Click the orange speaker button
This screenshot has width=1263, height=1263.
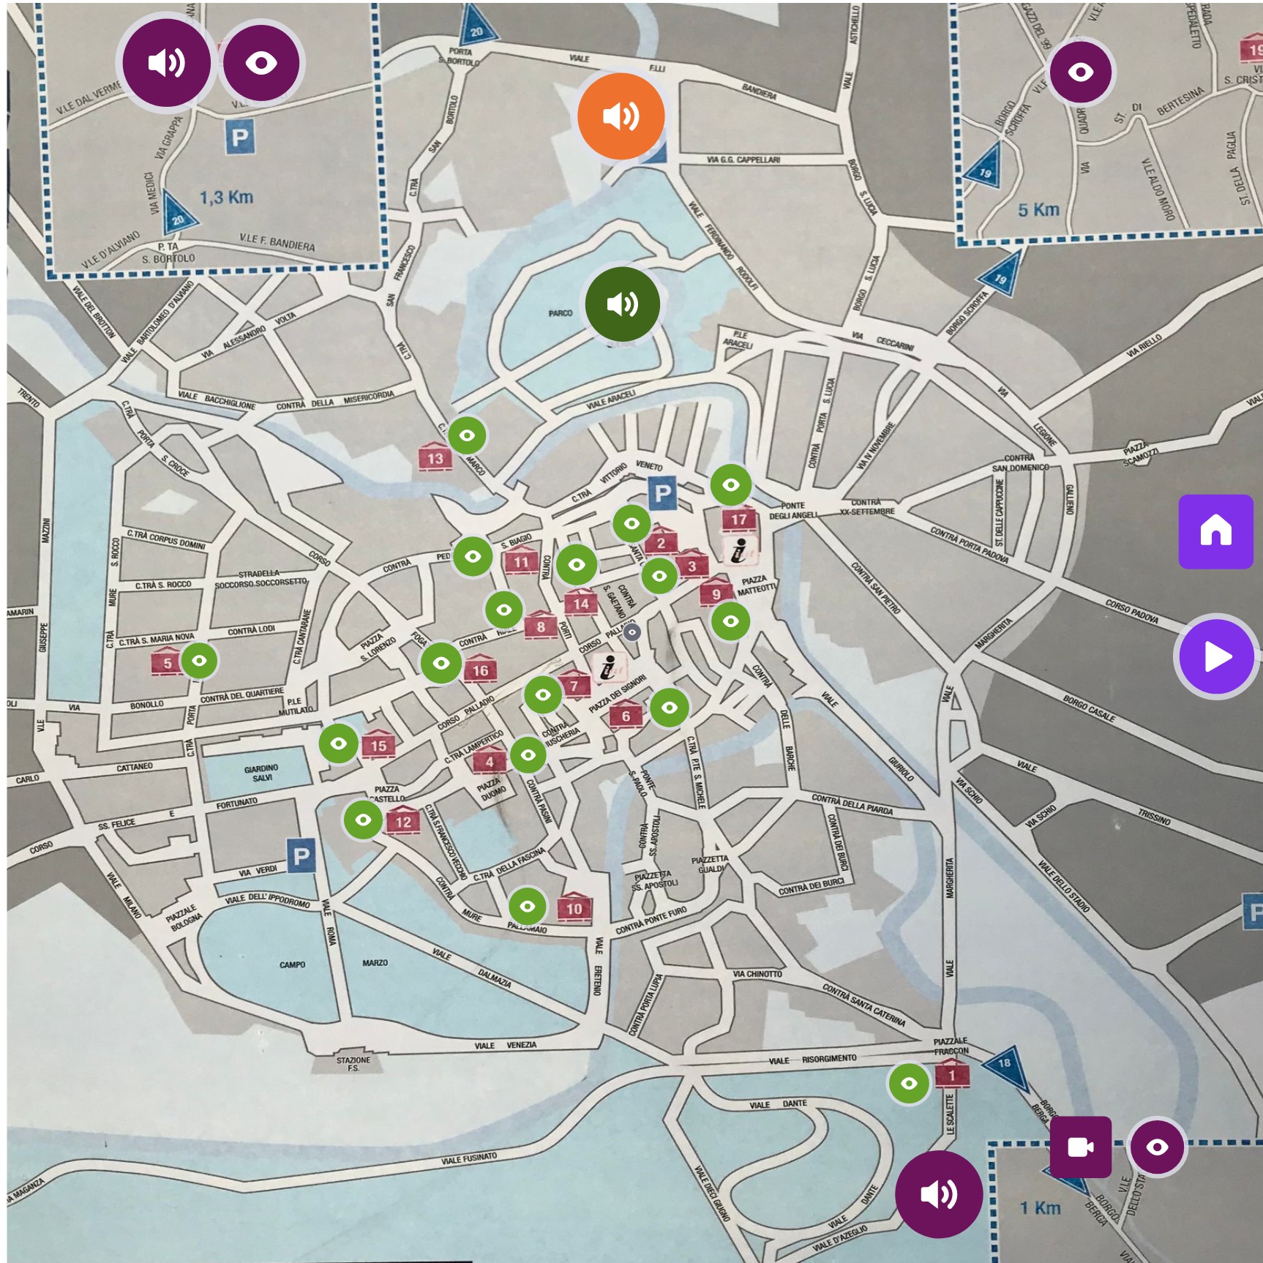pos(621,116)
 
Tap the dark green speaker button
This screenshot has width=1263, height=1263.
pos(622,304)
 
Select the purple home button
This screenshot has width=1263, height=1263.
pos(1215,531)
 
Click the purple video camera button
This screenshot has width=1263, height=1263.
pos(1080,1147)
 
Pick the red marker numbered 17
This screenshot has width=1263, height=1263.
pos(739,519)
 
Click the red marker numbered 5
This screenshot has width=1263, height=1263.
pos(167,663)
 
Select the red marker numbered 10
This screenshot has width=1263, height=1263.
pos(574,908)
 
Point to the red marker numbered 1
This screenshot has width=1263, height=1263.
pos(951,1075)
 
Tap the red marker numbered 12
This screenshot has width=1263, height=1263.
pos(403,821)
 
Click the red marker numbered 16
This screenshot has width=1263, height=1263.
pos(480,670)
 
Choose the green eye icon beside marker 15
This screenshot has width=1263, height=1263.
pos(338,743)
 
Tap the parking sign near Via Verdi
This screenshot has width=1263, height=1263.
pos(301,855)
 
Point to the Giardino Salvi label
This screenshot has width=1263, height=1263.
pos(261,773)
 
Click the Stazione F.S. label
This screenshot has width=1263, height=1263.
pos(353,1063)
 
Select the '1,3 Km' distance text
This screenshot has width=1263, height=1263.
pos(226,198)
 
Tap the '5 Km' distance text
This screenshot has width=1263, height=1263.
pos(1038,210)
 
